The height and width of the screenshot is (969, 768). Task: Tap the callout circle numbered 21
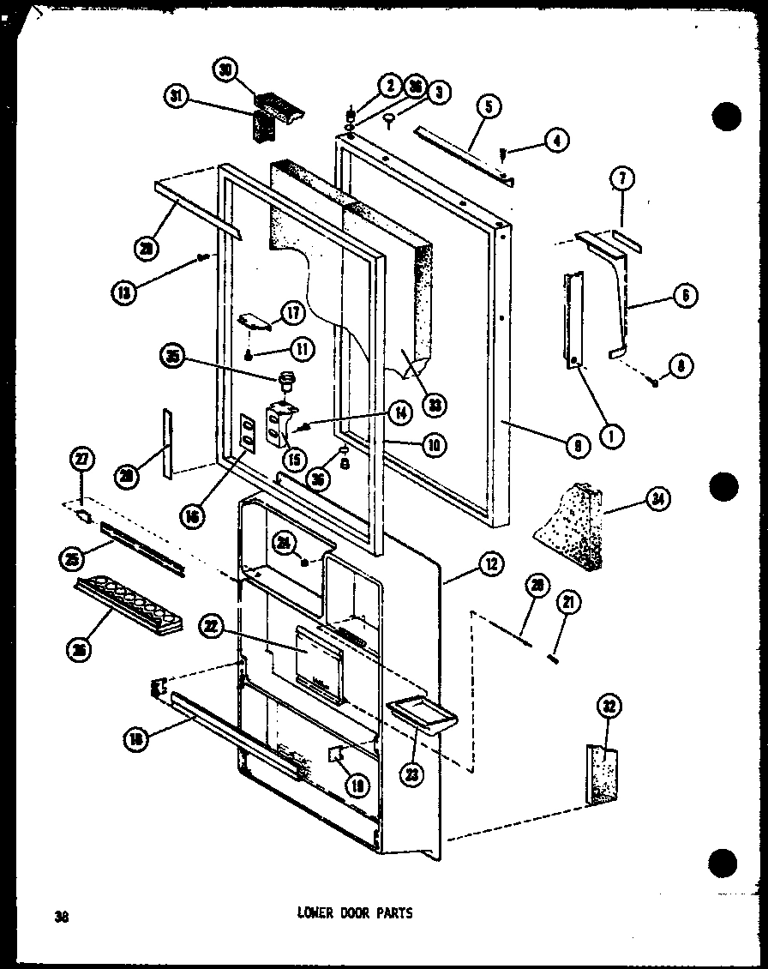click(x=567, y=603)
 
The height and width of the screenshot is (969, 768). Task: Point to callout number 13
click(x=125, y=292)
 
